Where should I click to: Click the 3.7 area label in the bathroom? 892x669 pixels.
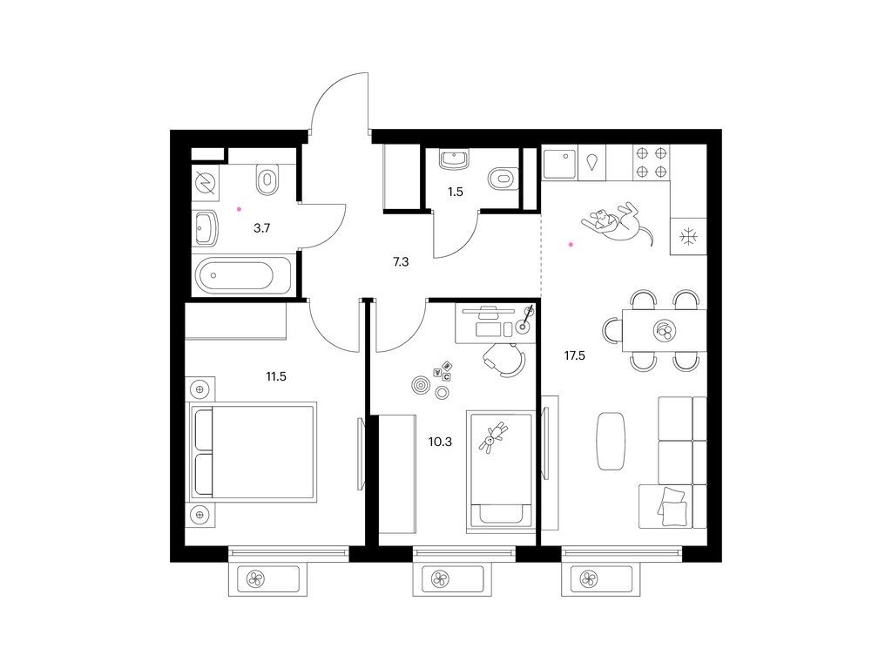coord(260,229)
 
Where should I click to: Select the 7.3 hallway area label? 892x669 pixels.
coord(401,260)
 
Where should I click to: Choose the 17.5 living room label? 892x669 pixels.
coord(572,355)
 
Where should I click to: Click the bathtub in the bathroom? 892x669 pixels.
coord(236,278)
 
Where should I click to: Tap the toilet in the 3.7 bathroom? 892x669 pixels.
coord(267,180)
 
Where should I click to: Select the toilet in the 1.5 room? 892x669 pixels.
coord(501,179)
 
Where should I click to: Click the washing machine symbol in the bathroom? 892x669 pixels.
coord(206,184)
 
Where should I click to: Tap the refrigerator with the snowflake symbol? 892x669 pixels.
coord(688,236)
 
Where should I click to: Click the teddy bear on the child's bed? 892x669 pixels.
coord(494,435)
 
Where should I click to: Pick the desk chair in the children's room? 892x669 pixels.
coord(503,357)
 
